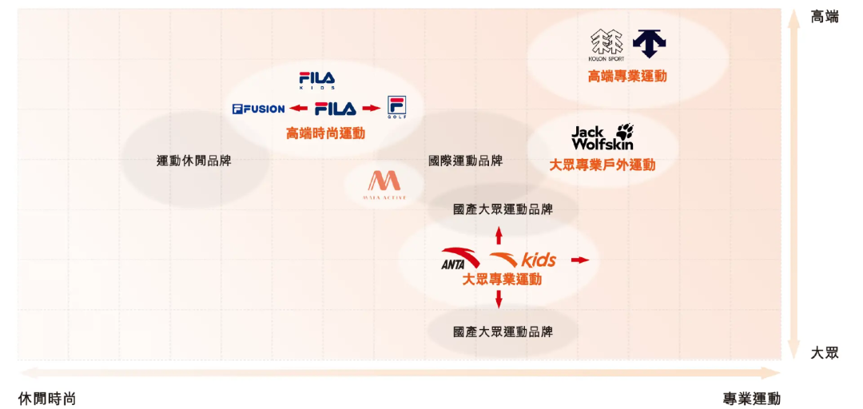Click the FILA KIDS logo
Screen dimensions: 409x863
317,80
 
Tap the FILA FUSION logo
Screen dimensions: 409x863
258,109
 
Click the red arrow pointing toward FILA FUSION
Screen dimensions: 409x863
299,109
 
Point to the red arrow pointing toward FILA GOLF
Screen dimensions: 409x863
370,109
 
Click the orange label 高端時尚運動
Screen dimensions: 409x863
325,133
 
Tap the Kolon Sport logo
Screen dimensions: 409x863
607,45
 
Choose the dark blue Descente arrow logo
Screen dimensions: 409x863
650,43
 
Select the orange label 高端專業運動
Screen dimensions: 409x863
627,77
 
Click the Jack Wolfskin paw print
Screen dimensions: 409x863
623,132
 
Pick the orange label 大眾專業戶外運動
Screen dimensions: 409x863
603,165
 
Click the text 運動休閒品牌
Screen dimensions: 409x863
199,161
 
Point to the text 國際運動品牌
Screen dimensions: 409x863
466,161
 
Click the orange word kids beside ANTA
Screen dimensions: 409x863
539,260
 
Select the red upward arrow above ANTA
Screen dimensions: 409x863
499,235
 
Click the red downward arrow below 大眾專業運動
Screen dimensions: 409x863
499,300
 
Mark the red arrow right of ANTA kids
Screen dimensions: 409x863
580,260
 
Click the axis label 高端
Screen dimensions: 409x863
825,17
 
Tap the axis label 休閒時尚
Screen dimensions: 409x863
47,399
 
